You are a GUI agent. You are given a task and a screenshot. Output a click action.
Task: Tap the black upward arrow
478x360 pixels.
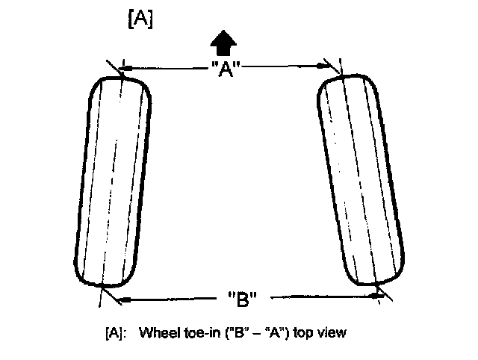[221, 43]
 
